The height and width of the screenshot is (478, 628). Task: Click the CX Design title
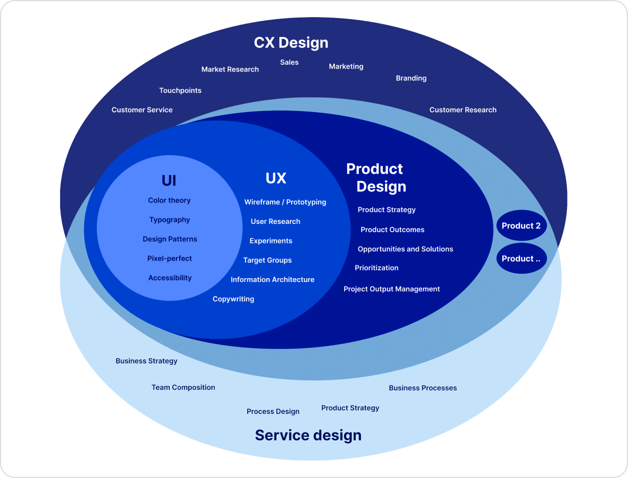[291, 42]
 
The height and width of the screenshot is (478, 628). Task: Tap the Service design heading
[308, 435]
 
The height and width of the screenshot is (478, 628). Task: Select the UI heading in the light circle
[169, 180]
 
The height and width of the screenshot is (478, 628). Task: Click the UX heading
[276, 178]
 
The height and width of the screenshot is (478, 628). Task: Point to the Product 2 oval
[521, 226]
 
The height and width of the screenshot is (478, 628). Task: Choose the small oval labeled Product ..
[521, 259]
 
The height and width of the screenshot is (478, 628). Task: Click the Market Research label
[230, 69]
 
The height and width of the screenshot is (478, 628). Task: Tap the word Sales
[289, 62]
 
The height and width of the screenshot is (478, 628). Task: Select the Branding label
[411, 78]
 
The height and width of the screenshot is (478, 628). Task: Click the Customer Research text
[463, 110]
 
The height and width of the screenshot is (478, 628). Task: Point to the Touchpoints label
[180, 90]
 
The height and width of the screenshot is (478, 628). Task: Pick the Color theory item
[169, 200]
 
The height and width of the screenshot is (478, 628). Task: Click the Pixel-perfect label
[169, 258]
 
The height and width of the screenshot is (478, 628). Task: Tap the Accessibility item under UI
[170, 278]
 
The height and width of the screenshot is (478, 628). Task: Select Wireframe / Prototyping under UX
[285, 202]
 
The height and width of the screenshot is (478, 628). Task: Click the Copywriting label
[233, 299]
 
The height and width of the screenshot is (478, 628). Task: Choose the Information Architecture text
[272, 279]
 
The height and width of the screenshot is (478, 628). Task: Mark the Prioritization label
[377, 268]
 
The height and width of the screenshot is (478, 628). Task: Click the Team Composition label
[183, 387]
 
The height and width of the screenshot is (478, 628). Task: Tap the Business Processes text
[423, 388]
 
